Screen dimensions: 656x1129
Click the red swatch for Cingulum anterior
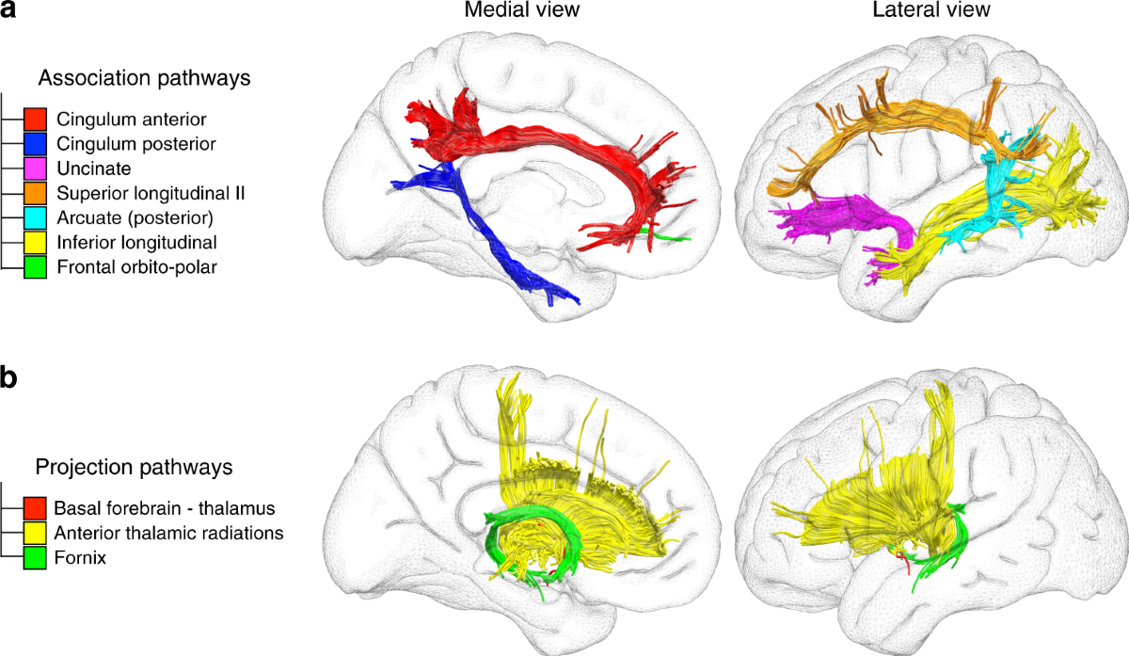36,120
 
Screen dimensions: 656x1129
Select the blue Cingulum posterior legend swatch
36,144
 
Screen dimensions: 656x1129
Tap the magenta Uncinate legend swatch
36,168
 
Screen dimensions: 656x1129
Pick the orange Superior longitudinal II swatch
36,193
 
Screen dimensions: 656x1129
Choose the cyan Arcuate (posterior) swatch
36,217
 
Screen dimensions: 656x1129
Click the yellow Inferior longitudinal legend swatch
36,242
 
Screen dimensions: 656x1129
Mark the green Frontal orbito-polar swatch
36,266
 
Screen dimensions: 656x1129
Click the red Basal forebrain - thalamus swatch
36,508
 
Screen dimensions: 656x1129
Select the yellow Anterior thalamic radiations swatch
36,533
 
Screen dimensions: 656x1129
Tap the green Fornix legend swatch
36,557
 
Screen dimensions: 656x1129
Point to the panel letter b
11,379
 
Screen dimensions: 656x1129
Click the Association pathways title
144,78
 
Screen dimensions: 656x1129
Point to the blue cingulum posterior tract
489,245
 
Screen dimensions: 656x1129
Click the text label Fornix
80,557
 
